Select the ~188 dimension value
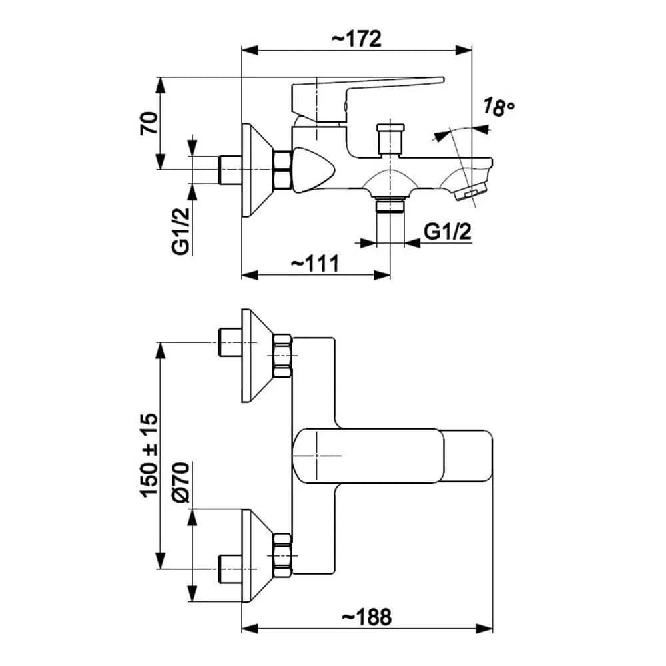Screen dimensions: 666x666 coord(366,617)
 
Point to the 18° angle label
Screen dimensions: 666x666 coord(499,107)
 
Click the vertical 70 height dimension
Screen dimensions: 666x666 coord(149,123)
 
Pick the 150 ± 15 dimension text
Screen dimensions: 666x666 coord(149,454)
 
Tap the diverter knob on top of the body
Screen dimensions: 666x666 coord(390,138)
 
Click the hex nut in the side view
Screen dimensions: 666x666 coord(282,170)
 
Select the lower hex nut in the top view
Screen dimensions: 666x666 coord(282,556)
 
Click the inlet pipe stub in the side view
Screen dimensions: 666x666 coord(230,170)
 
